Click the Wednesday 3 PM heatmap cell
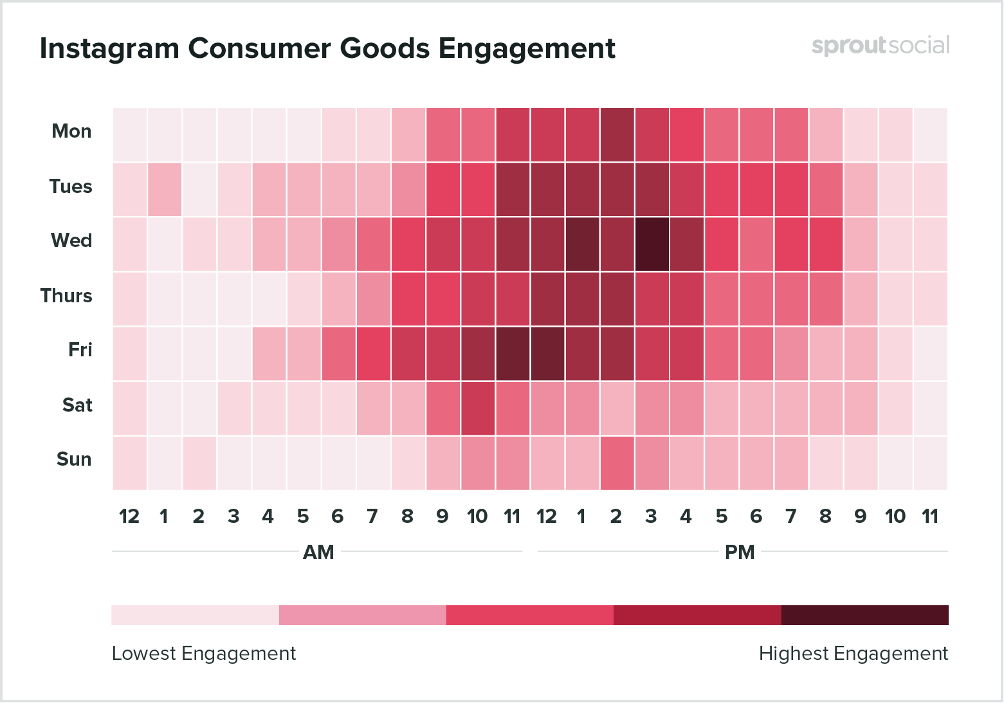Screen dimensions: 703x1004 point(652,244)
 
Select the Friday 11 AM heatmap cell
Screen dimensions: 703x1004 point(512,353)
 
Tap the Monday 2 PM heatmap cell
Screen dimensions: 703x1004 point(617,134)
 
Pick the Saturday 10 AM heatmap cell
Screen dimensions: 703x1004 point(477,408)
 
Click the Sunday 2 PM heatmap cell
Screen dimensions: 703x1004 point(617,462)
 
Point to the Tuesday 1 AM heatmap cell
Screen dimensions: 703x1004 point(164,189)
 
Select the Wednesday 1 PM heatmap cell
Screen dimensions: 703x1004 point(582,244)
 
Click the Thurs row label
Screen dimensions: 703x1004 point(66,296)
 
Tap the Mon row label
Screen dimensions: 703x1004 point(71,131)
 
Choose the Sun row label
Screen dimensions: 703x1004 point(74,459)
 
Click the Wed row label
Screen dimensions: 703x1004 point(71,241)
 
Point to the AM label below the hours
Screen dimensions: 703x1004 point(318,552)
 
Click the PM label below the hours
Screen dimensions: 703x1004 point(740,552)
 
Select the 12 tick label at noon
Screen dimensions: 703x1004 point(547,516)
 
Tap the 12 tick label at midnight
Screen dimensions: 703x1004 point(129,516)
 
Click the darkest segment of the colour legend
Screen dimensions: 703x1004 point(864,615)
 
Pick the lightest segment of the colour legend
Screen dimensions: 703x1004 point(195,615)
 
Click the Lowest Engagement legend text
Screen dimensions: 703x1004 point(204,653)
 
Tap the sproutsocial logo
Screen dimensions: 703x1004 point(880,46)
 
